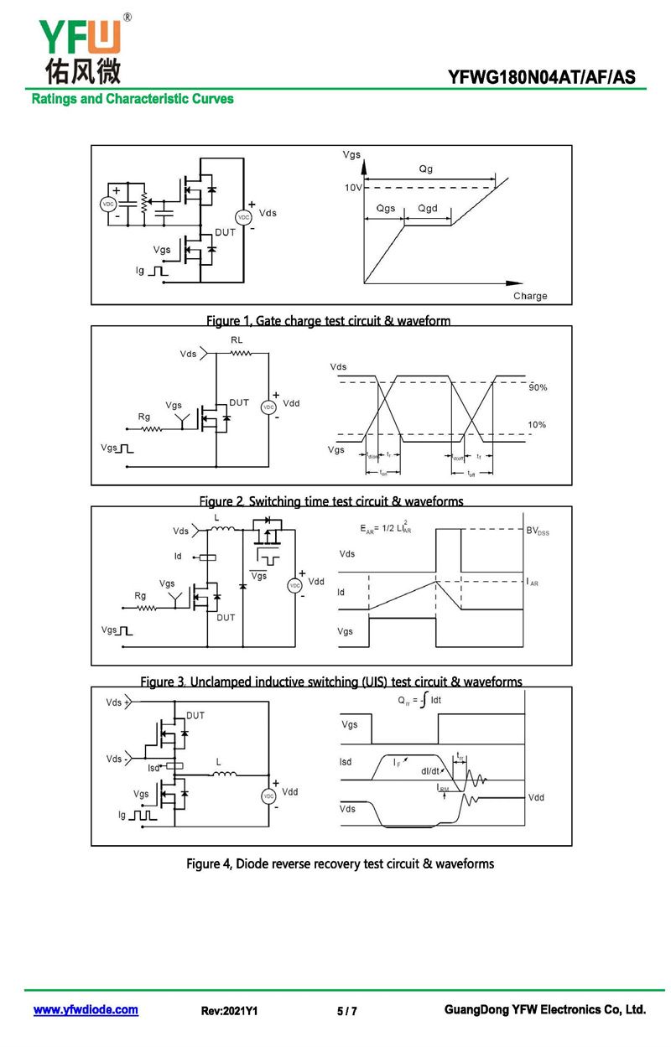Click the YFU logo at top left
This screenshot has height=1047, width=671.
(x=80, y=46)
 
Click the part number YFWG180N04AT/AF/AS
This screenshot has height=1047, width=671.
(x=541, y=79)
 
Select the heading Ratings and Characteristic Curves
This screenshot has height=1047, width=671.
(x=133, y=99)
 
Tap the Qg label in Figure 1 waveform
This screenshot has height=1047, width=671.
(x=426, y=169)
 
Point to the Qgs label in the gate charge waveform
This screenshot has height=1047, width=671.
(x=386, y=208)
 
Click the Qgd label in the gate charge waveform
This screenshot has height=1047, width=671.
(x=428, y=208)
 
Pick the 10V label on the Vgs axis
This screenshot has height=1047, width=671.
(x=353, y=188)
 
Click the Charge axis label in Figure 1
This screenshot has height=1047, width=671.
(x=530, y=296)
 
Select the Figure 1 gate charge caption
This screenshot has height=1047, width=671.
(x=329, y=320)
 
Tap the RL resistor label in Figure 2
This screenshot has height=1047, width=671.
(x=237, y=339)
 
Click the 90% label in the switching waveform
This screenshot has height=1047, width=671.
(x=538, y=388)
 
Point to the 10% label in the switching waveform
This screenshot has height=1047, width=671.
(x=537, y=425)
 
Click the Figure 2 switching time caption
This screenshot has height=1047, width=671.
(x=330, y=501)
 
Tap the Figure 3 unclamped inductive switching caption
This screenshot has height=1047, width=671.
(x=330, y=682)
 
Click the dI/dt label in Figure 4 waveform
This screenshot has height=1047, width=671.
(x=430, y=771)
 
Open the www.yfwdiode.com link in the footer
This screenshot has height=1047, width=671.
(x=86, y=1010)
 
